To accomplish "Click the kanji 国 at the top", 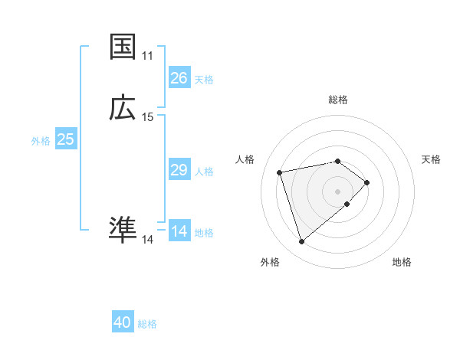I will (x=123, y=47).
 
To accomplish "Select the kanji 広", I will (x=123, y=108).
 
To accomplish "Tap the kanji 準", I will (x=123, y=231).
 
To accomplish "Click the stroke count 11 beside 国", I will (x=147, y=56).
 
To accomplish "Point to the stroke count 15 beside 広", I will (x=147, y=117).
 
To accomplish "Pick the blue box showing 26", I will (x=179, y=78).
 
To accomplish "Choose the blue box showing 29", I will (x=179, y=170).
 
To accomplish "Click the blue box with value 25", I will (x=66, y=139).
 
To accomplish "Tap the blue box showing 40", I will (x=123, y=322).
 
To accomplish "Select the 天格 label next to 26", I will (x=204, y=80).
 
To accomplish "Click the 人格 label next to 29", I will (x=204, y=172).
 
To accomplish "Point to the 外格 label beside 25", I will (x=41, y=141).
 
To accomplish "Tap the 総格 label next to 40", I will (x=147, y=324).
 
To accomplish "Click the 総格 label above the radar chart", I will (x=338, y=100).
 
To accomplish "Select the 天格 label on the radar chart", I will (x=431, y=159).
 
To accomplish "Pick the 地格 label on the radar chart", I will (x=402, y=262).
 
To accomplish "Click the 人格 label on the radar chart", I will (x=245, y=159).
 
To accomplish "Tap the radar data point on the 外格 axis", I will (x=301, y=242).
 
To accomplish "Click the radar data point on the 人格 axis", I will (x=280, y=172).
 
